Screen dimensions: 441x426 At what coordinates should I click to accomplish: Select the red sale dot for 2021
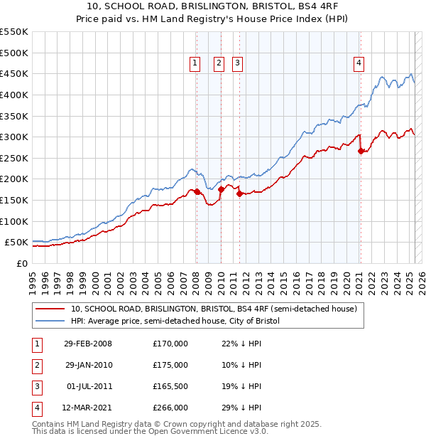pos(361,151)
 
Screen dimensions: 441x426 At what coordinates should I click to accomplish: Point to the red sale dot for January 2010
pos(221,189)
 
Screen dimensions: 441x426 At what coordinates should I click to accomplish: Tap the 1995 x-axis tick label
pos(32,276)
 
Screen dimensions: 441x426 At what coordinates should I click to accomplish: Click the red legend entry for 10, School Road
pos(217,309)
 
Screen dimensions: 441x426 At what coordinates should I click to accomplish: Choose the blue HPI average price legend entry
pos(175,322)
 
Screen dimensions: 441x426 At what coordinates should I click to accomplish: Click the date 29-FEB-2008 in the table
pos(88,344)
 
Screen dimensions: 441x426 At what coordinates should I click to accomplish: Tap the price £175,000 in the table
pos(170,365)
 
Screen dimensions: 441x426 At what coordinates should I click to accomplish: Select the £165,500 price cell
pos(170,386)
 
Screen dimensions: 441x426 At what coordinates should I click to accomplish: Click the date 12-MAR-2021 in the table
pos(88,408)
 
